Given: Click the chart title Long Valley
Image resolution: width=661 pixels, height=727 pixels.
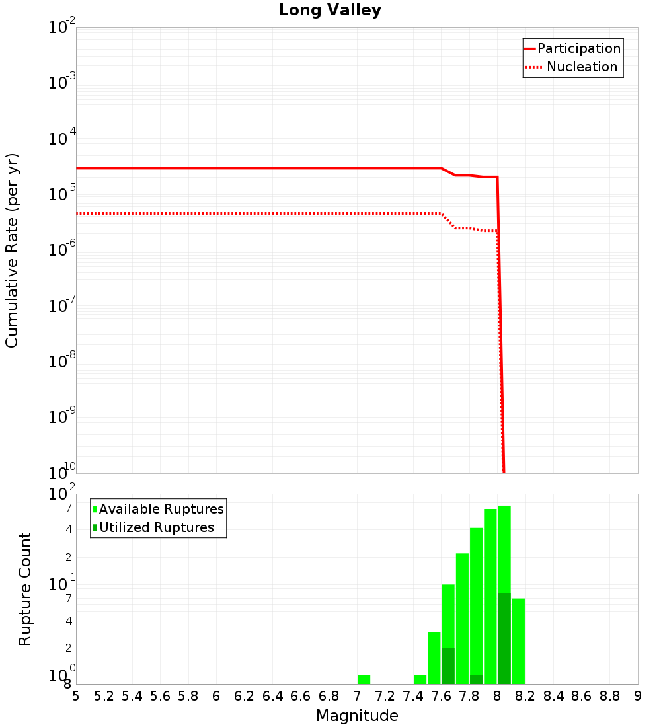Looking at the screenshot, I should point(330,11).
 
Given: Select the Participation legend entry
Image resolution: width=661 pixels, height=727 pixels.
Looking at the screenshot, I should point(578,48).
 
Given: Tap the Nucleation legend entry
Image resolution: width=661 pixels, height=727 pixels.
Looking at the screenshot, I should point(581,67).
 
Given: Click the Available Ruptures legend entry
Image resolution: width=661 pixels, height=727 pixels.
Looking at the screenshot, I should point(161,509).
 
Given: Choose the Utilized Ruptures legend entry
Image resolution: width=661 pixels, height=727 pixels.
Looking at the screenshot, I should point(156,527).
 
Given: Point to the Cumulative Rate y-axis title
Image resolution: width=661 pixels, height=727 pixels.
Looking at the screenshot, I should point(12,250).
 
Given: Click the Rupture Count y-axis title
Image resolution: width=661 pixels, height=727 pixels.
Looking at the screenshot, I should point(25,588).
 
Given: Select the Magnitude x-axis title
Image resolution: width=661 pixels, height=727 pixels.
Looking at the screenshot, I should point(357,716).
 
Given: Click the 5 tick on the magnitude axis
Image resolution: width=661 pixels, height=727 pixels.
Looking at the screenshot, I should point(76,696).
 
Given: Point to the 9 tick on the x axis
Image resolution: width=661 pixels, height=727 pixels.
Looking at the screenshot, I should point(638,696).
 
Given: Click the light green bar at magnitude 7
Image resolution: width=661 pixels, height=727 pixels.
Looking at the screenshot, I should point(364,679).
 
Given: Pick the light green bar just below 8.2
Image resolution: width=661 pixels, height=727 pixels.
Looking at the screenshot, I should point(518,641).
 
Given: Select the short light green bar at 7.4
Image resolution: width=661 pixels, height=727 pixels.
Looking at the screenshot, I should point(420,679).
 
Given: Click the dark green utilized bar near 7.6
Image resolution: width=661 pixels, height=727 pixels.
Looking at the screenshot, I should point(448,666).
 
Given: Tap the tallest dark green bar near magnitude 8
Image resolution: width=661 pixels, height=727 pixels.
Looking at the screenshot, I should point(504,638).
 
